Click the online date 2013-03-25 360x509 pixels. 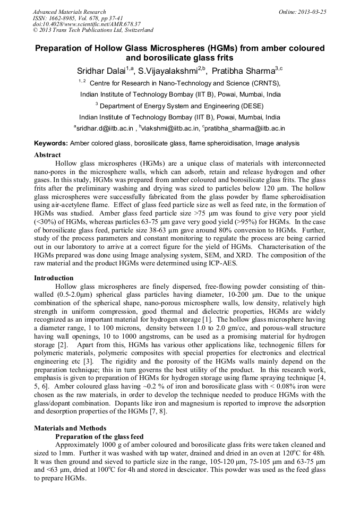click(311, 12)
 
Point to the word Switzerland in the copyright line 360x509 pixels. click(135, 30)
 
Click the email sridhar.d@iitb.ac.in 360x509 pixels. click(105, 128)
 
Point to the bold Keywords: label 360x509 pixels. click(51, 143)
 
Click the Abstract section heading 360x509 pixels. click(48, 155)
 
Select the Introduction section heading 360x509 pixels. click(54, 278)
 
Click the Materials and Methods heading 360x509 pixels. click(70, 428)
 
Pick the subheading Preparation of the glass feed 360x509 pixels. click(99, 436)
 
